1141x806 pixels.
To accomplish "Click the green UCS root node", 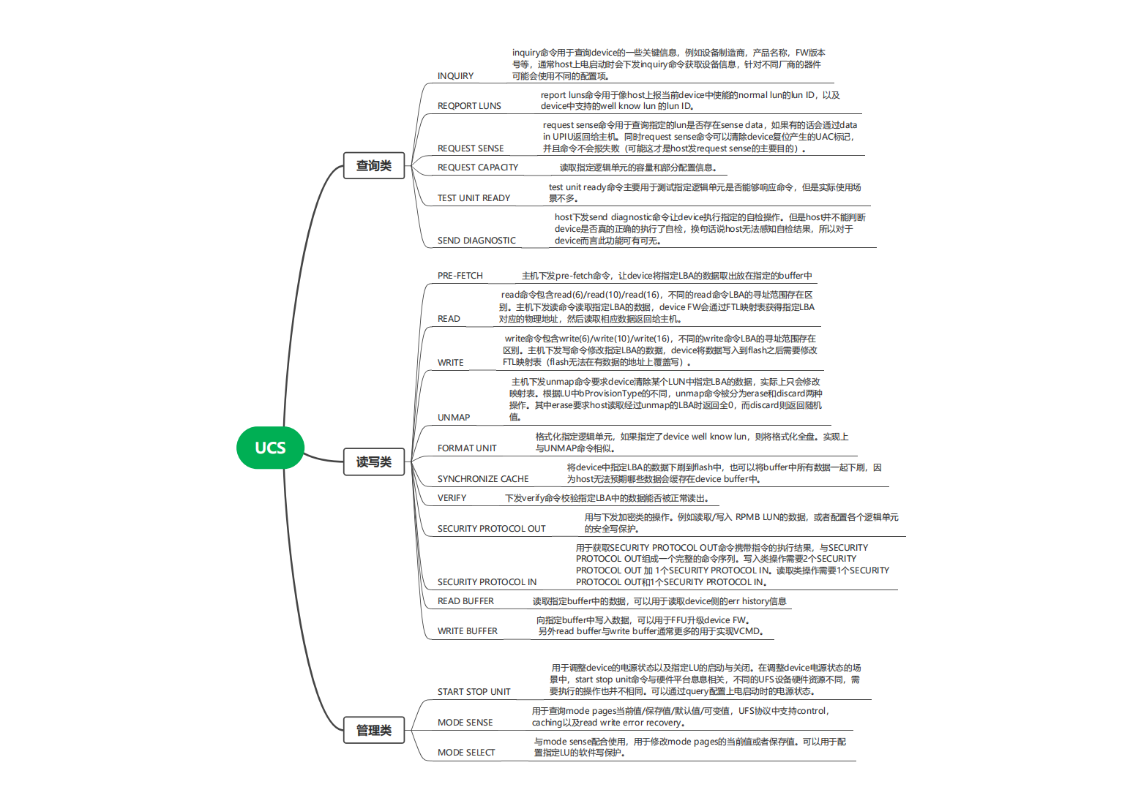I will tap(270, 448).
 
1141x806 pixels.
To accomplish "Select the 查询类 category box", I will tap(374, 166).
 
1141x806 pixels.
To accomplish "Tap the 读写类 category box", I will tap(374, 462).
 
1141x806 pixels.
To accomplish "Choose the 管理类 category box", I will tap(374, 730).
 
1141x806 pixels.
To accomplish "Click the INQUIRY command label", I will tap(455, 76).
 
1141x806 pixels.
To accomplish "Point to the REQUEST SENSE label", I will tap(471, 148).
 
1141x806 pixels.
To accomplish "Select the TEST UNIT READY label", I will tap(474, 198).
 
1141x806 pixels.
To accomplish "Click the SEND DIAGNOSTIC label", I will tap(476, 241).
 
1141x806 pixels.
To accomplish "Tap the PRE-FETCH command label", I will tap(460, 276).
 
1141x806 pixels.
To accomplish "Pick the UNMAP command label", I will tap(454, 418).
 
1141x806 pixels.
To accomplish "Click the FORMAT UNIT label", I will tap(467, 448).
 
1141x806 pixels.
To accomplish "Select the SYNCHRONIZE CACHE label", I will tap(483, 479).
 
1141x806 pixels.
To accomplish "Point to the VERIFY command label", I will tap(452, 498).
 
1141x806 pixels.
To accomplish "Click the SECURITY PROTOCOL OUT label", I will tap(491, 529).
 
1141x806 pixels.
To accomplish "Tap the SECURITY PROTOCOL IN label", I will tap(487, 582).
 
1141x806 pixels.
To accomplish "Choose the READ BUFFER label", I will tap(465, 601).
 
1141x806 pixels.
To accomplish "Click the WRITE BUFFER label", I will tap(467, 631).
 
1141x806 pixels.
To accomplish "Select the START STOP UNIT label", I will tap(474, 692).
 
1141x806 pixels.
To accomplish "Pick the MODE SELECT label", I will tap(466, 753).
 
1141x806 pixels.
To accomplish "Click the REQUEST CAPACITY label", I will tap(478, 167).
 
